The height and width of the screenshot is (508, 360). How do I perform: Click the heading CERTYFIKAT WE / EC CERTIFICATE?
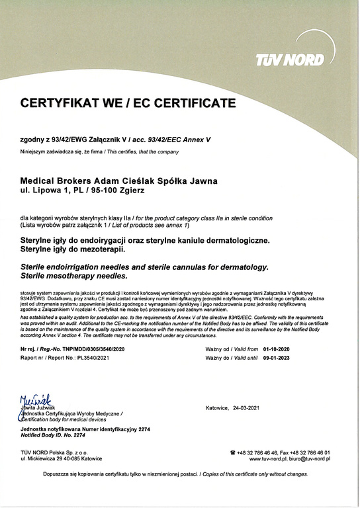[128, 103]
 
